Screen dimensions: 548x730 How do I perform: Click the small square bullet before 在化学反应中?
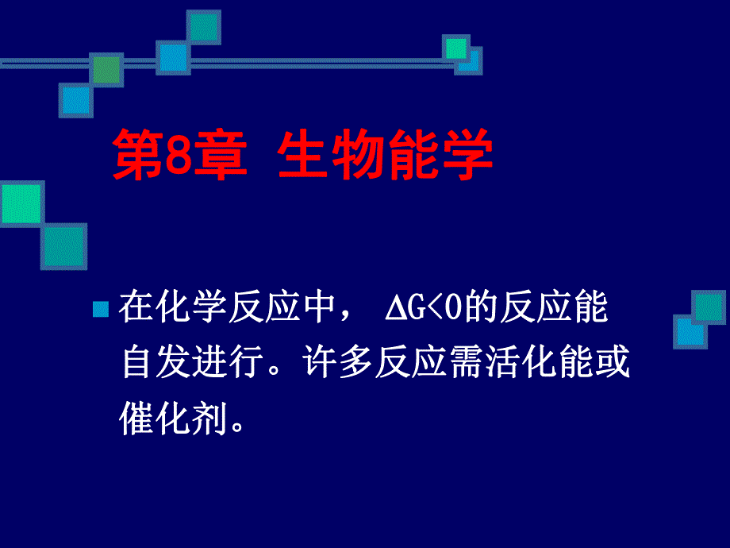point(100,310)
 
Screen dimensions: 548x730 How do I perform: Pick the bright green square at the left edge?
point(21,203)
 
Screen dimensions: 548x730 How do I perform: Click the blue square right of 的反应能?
point(690,331)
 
